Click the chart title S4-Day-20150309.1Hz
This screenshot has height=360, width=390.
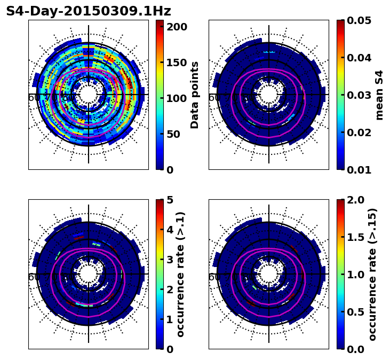coord(89,11)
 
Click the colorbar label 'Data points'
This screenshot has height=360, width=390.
coord(195,95)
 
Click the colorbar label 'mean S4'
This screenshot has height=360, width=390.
coord(379,95)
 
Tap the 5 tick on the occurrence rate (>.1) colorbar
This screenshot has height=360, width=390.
coord(170,200)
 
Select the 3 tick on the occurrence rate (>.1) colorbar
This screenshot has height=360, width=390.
coord(170,260)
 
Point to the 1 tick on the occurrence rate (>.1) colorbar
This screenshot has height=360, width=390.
coord(170,319)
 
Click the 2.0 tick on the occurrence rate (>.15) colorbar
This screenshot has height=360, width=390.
coord(355,200)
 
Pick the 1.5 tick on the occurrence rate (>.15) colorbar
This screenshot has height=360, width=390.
coord(355,237)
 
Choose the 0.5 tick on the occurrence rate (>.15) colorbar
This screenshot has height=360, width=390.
coord(355,312)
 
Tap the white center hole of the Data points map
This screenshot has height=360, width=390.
coord(89,95)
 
